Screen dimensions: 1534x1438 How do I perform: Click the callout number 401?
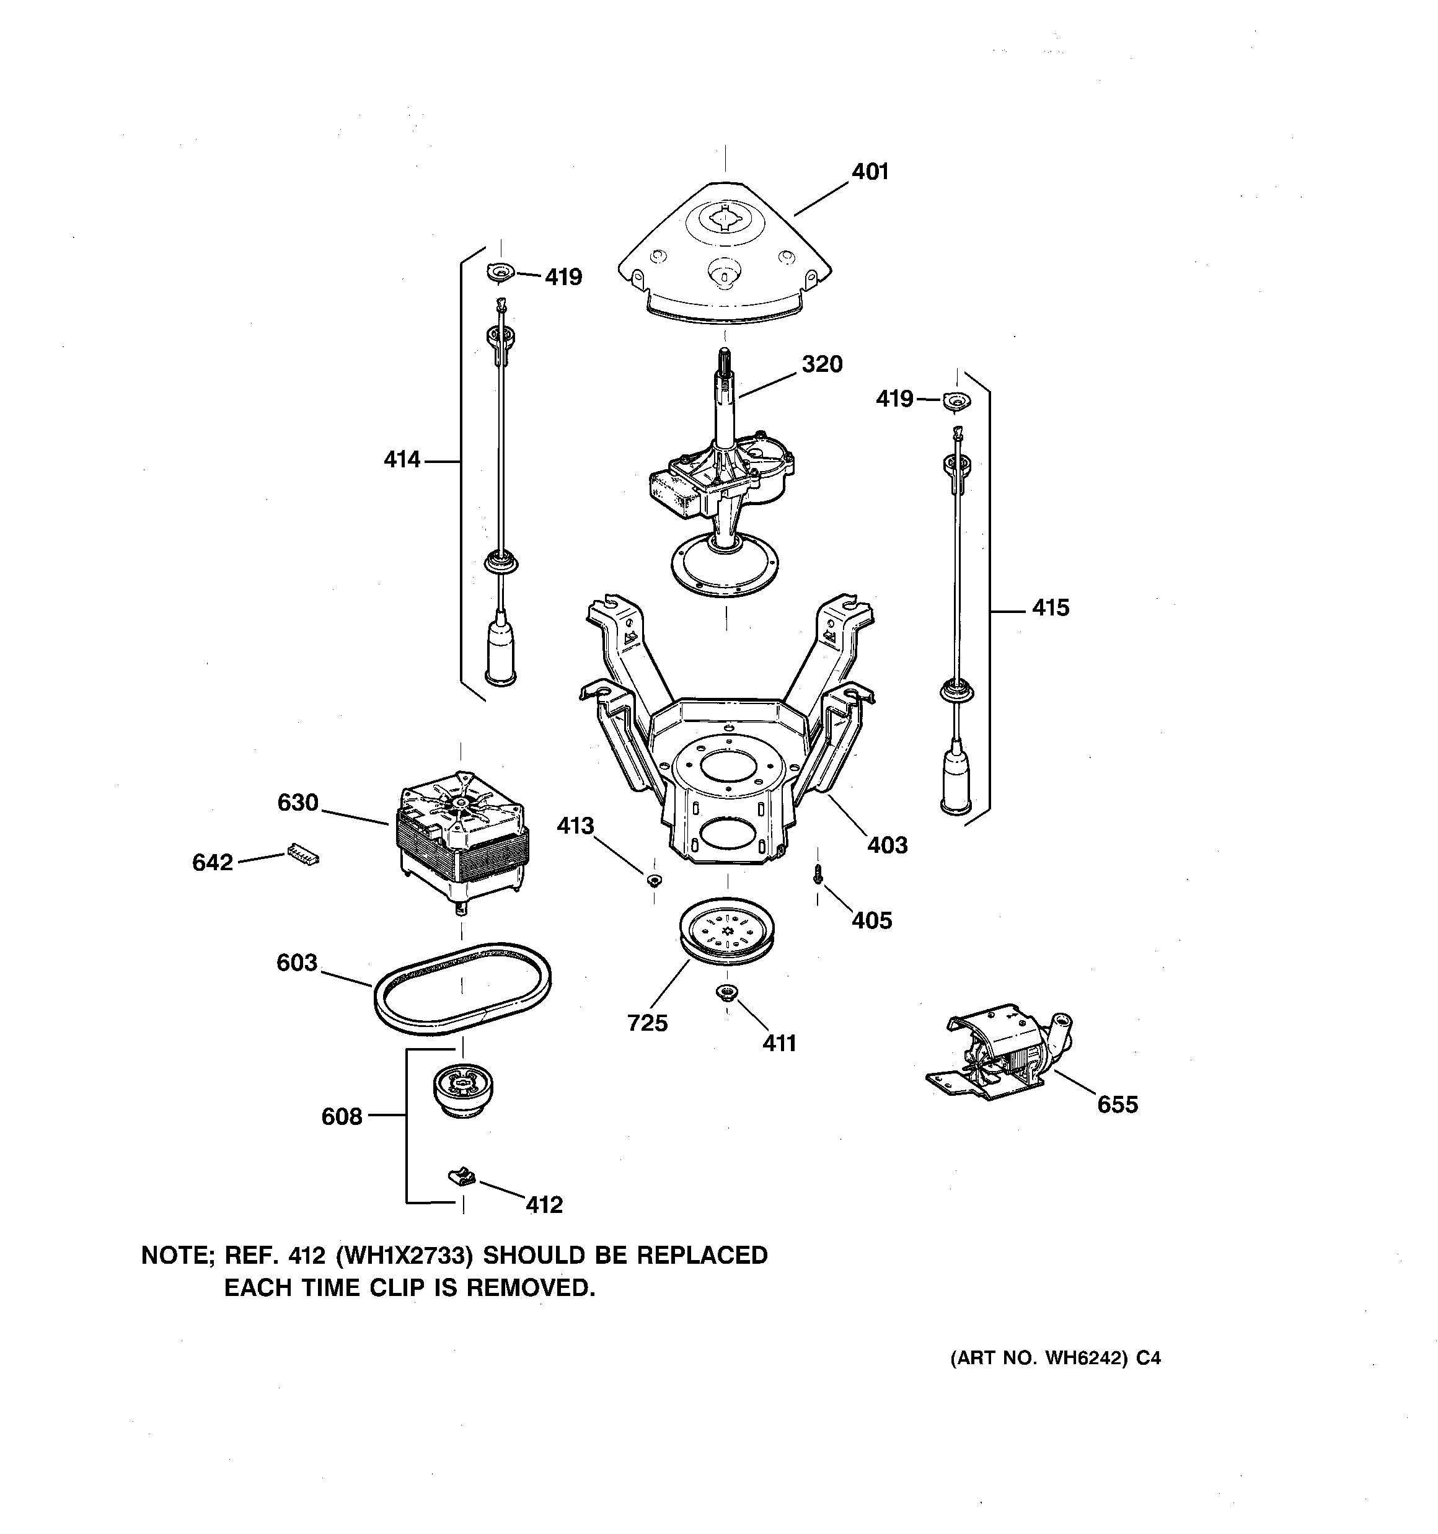[870, 171]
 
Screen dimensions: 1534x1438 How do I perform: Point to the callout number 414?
[402, 460]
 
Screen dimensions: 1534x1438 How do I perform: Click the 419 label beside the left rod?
[563, 277]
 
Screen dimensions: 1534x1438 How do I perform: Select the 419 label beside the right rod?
[894, 399]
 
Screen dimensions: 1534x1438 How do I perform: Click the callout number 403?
[887, 845]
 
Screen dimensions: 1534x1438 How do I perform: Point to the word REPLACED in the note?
[702, 1256]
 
